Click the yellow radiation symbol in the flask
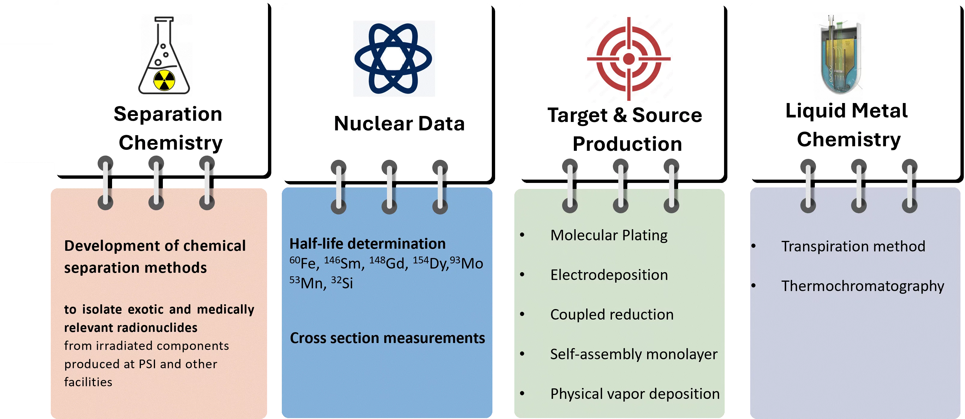pyautogui.click(x=164, y=80)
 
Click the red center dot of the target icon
pyautogui.click(x=629, y=59)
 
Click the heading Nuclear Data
pyautogui.click(x=399, y=123)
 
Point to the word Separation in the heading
pyautogui.click(x=168, y=114)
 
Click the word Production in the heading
pyautogui.click(x=627, y=144)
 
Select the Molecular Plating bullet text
pyautogui.click(x=609, y=235)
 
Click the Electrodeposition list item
pyautogui.click(x=609, y=275)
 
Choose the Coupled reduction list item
pyautogui.click(x=612, y=314)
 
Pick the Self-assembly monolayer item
pyautogui.click(x=633, y=354)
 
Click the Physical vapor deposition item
pyautogui.click(x=635, y=394)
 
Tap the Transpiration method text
pyautogui.click(x=853, y=246)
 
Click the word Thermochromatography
pyautogui.click(x=862, y=286)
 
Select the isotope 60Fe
pyautogui.click(x=304, y=263)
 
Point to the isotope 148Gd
pyautogui.click(x=388, y=263)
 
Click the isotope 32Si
pyautogui.click(x=342, y=283)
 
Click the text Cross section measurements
pyautogui.click(x=387, y=338)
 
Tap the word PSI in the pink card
pyautogui.click(x=147, y=364)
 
